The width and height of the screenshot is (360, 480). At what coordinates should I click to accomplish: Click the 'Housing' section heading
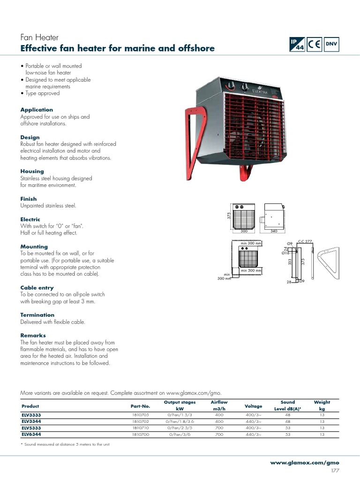click(x=32, y=172)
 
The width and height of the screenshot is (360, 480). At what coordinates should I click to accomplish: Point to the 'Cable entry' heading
click(x=37, y=288)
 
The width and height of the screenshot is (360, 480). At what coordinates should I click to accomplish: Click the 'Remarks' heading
click(x=33, y=336)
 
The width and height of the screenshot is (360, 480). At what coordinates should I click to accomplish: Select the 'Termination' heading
click(x=37, y=315)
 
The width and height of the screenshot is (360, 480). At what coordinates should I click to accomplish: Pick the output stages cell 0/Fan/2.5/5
click(x=180, y=428)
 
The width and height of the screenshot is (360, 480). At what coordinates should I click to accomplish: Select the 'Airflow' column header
click(x=219, y=402)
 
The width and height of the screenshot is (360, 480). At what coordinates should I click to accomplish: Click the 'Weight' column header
click(x=322, y=402)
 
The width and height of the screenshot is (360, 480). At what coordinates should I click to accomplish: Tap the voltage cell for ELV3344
click(x=254, y=421)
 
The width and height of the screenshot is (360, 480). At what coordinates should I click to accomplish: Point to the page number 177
click(x=335, y=471)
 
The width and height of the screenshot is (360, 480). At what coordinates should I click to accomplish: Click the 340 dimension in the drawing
click(x=274, y=231)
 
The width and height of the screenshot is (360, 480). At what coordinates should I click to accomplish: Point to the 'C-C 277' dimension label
click(x=305, y=241)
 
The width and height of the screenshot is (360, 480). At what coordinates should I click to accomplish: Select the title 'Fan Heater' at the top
click(x=39, y=37)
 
